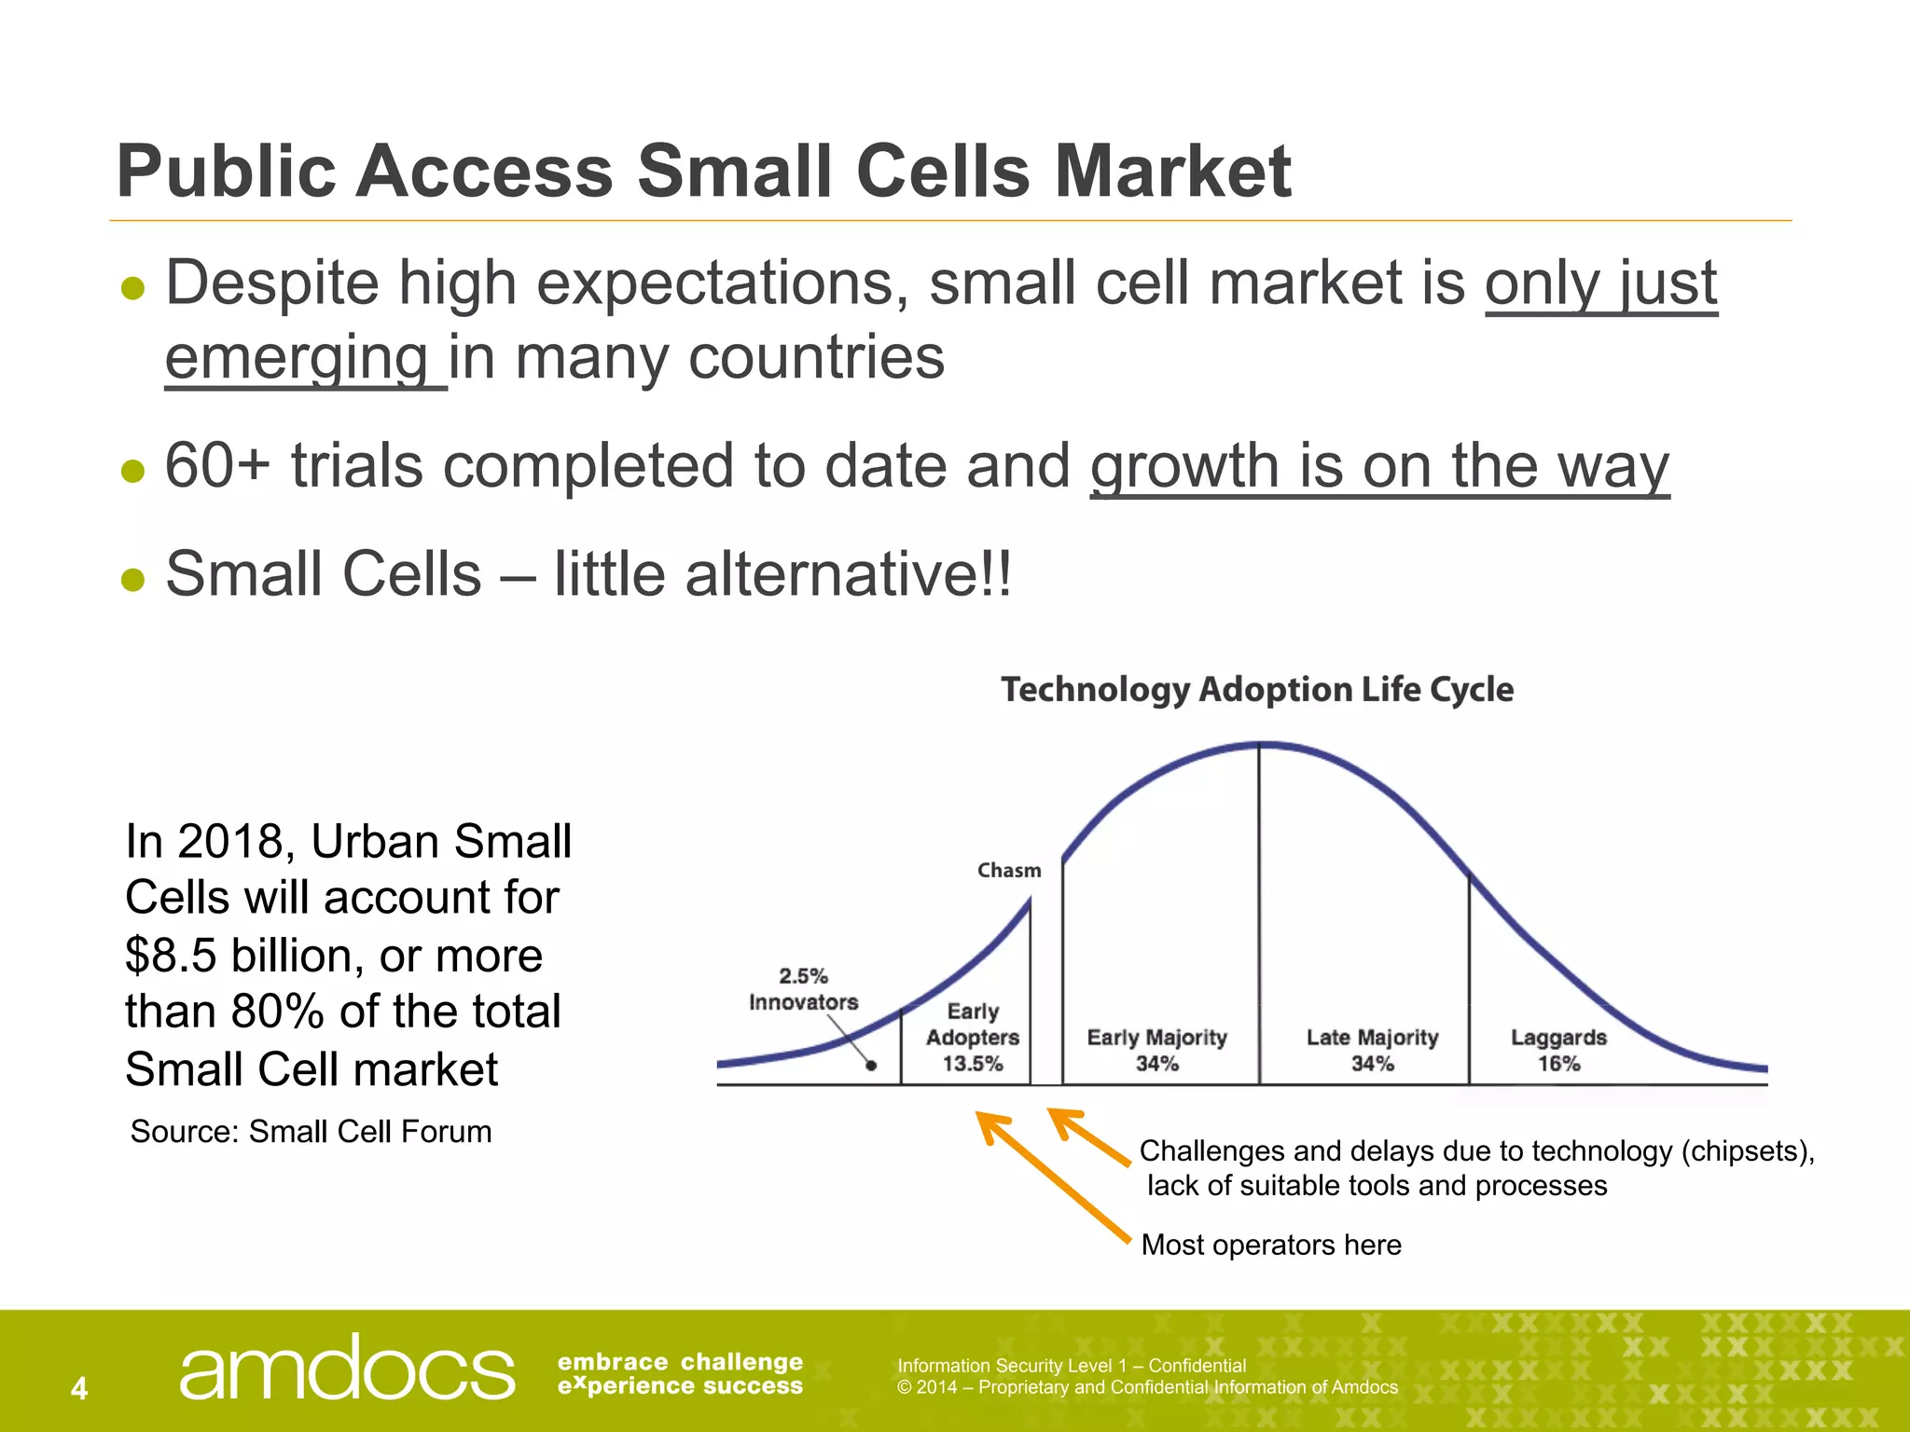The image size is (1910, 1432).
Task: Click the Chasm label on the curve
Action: (1009, 870)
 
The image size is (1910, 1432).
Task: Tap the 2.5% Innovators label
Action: (803, 989)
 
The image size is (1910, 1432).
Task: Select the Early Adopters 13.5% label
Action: (972, 1038)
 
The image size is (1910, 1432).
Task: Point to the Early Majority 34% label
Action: (1156, 1050)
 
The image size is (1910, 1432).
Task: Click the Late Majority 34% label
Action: (1372, 1050)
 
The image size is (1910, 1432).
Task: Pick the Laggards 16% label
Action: (1558, 1050)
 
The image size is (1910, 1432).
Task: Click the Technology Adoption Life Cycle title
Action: (1256, 690)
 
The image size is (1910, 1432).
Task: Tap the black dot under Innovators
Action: (871, 1066)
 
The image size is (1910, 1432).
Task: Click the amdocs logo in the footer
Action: (346, 1369)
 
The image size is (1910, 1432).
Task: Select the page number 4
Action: (79, 1388)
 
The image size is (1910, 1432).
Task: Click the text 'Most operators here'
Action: (1270, 1245)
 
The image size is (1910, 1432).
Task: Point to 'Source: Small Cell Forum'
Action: (311, 1131)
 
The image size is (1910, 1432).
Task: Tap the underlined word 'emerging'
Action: (297, 358)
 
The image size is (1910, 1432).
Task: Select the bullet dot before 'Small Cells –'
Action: (133, 579)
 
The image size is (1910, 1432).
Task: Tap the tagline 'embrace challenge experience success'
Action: (680, 1374)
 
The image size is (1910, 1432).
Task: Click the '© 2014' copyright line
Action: (1147, 1387)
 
